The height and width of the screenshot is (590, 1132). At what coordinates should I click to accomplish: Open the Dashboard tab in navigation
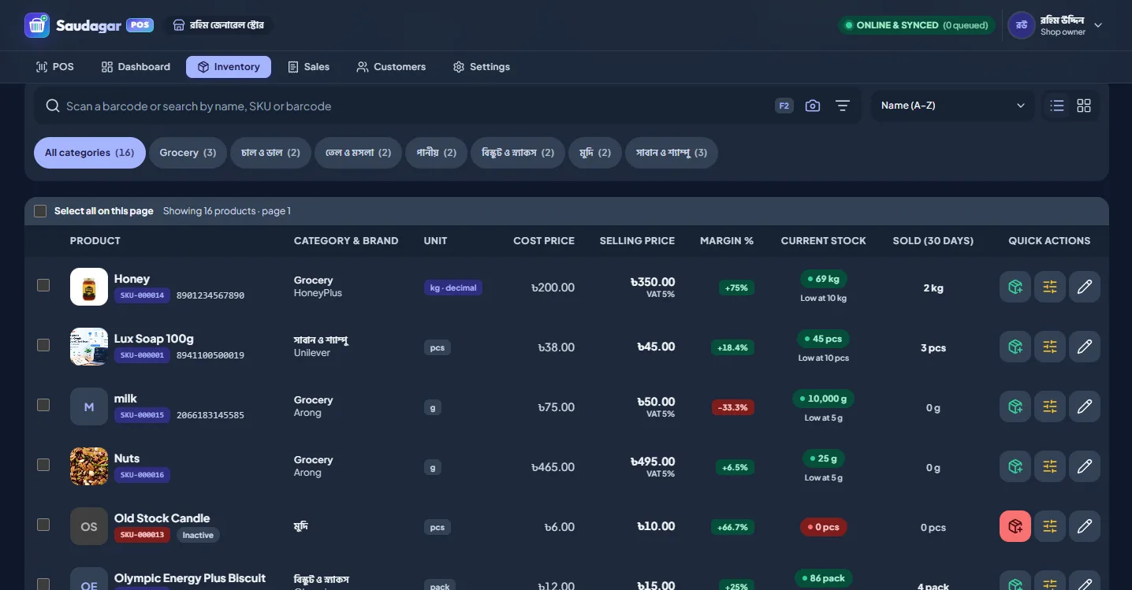136,67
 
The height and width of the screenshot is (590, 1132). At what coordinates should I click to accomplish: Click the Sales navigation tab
308,67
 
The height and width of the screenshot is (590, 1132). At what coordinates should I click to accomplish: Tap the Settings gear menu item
481,67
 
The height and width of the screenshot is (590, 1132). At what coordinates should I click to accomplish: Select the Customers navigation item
391,67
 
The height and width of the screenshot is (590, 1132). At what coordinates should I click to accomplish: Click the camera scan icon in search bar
813,106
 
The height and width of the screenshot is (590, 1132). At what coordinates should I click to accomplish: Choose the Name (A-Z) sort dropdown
952,106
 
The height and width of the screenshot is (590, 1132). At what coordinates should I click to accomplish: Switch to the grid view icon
1083,106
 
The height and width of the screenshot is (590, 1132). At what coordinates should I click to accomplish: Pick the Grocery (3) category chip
188,153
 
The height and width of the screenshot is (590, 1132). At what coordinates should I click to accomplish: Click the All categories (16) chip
89,153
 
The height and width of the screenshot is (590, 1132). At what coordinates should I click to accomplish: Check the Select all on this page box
40,211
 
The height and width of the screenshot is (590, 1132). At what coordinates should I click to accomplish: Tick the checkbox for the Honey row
43,285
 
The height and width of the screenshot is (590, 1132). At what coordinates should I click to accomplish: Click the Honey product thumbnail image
89,287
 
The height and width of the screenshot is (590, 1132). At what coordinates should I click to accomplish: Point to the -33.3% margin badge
733,407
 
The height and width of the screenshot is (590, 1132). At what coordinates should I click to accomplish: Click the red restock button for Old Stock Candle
1015,526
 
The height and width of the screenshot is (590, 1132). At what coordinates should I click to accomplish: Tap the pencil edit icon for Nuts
1085,466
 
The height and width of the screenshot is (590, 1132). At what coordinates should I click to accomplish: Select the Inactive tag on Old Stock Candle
198,535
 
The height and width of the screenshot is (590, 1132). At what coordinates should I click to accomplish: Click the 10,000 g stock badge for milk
823,399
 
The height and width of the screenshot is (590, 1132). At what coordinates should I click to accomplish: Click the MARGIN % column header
727,240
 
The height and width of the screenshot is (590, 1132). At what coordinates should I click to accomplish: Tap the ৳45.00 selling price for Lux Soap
656,347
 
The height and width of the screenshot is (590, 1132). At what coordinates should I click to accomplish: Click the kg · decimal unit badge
452,288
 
